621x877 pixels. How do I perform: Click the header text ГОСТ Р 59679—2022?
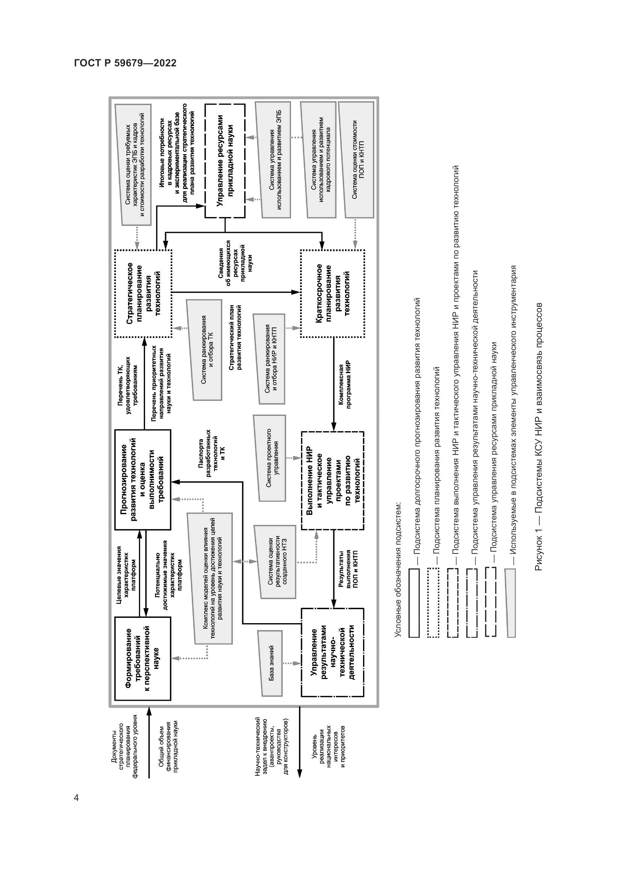point(125,63)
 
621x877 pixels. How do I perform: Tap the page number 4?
point(77,798)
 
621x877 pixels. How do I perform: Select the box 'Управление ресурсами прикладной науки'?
point(225,160)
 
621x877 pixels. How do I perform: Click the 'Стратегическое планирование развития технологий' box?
point(143,293)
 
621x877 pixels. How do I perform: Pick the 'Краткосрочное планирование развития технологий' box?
point(332,293)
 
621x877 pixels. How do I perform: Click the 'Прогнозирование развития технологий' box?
point(143,480)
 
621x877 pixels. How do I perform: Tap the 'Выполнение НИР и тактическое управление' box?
point(332,481)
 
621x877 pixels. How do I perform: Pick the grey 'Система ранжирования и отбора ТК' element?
point(207,349)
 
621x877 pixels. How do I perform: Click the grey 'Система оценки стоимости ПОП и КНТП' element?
point(358,160)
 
